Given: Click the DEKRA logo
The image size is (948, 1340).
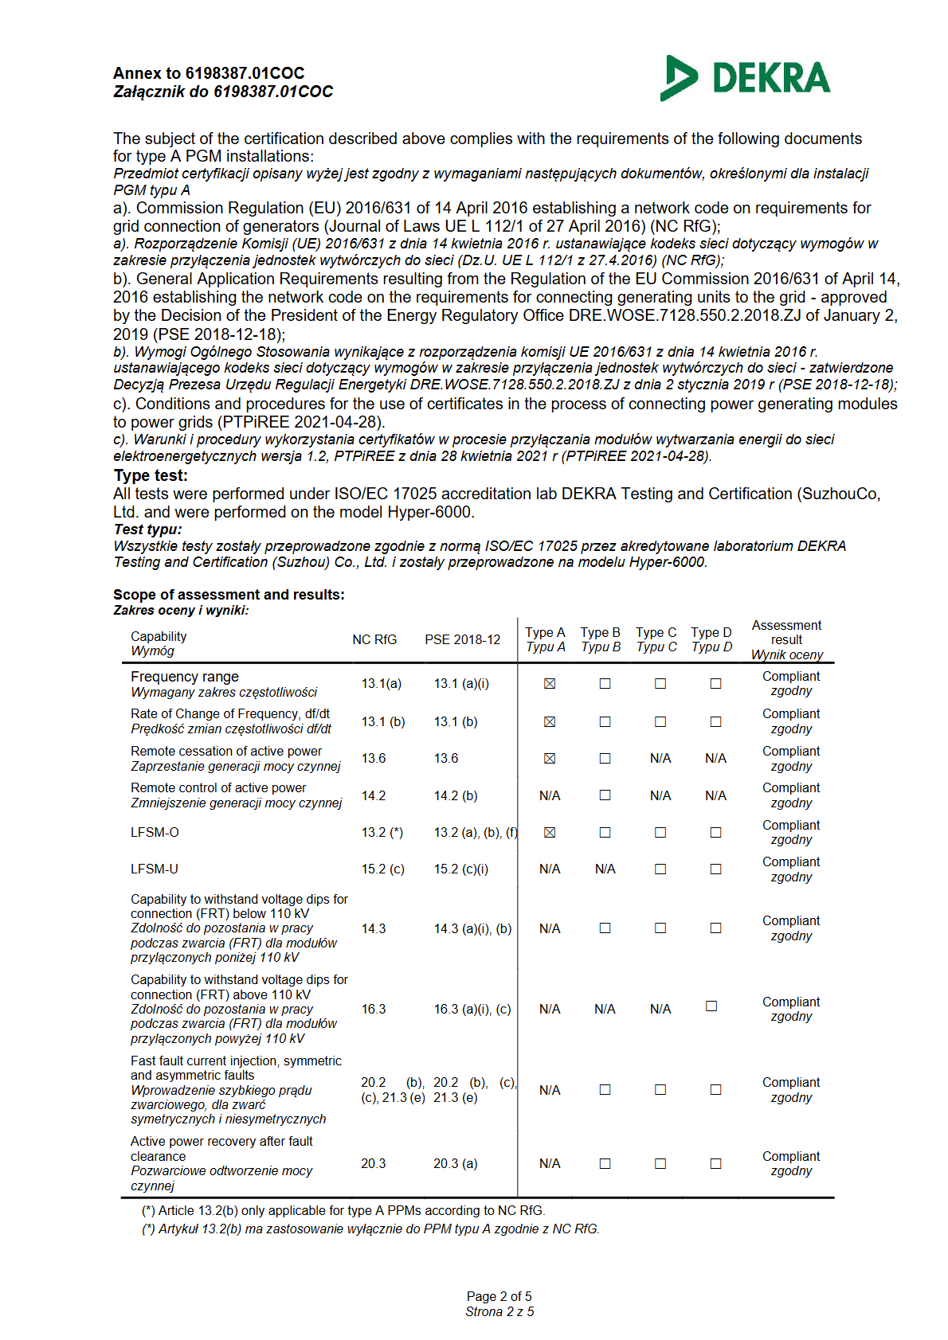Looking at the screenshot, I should coord(745,78).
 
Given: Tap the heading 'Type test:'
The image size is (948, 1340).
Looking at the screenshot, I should coord(151,475).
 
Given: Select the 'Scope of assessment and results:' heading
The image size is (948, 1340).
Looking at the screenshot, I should coord(229,595).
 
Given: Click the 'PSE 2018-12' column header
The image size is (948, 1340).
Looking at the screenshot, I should coord(462,639).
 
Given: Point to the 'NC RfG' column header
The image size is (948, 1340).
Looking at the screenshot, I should coord(374,639).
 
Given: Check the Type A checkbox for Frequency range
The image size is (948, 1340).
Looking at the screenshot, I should coord(550,683).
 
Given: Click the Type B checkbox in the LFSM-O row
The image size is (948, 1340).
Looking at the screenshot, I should coord(605,832).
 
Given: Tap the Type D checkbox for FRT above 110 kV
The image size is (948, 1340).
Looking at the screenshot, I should coord(711,1006).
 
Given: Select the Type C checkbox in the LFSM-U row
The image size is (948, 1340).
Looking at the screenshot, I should coord(660,869).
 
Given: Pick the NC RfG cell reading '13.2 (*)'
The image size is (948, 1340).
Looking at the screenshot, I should coord(382,832).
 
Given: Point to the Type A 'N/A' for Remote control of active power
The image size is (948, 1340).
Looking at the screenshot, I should coord(550,795).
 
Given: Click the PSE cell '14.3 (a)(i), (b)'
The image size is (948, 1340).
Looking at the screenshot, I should coord(472,928).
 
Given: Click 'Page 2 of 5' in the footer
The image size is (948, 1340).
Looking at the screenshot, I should coord(499,1296).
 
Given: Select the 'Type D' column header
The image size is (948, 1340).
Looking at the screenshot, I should coord(711,632).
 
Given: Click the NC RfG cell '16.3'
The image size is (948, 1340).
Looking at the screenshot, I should coord(374,1009).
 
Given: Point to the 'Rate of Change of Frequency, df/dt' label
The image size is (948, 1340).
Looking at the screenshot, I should coord(230,713).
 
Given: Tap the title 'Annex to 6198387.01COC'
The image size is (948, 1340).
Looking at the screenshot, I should coord(209,73).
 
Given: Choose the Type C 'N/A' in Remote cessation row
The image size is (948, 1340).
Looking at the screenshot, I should coord(660,758).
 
